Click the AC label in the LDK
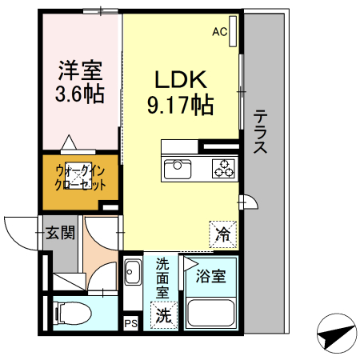click(218, 33)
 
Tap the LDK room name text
click(181, 80)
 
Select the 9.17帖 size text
click(181, 104)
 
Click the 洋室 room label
click(79, 70)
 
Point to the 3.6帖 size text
click(79, 94)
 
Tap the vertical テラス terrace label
click(261, 133)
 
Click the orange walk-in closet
click(80, 178)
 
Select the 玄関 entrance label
click(59, 234)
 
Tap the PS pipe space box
click(130, 322)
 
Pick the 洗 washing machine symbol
click(162, 315)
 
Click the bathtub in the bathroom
click(209, 314)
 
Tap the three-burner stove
click(223, 169)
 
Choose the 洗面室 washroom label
click(162, 278)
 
